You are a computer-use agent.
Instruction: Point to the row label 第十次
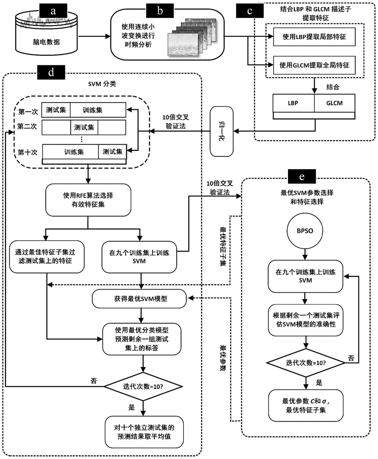(x=28, y=152)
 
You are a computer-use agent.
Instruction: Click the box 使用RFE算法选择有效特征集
(x=87, y=201)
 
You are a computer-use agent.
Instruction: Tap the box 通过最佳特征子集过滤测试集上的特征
(x=46, y=256)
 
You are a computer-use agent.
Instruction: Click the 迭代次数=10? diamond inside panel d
(x=144, y=387)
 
